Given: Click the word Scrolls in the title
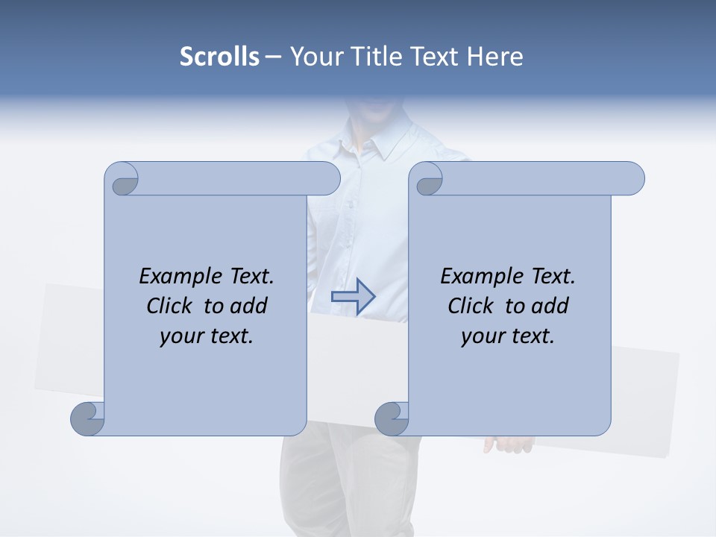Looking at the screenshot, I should pos(219,57).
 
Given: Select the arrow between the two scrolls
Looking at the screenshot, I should pos(353,296).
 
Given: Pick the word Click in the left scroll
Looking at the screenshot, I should pos(169,306).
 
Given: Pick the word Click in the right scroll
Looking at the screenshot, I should pos(470,306).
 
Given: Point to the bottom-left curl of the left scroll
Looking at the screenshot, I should pos(88,419).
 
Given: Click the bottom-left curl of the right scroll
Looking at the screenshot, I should pos(392,419).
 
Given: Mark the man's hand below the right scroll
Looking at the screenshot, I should pos(509,445).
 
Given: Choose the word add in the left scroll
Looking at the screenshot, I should pos(248,306).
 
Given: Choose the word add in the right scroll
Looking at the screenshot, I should pos(550,306).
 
